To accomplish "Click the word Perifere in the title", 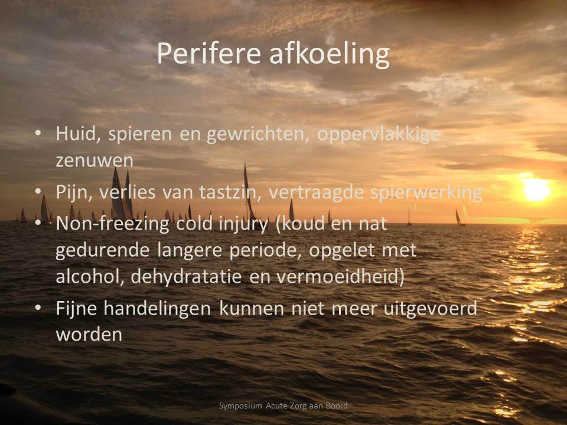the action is [x=208, y=54].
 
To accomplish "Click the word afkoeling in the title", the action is [x=330, y=55].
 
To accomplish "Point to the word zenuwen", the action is [x=94, y=161].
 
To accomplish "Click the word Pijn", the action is [x=74, y=192].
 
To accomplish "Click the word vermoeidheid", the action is [x=338, y=276].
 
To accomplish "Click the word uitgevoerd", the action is [x=431, y=309].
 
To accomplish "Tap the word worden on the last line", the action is [x=89, y=334].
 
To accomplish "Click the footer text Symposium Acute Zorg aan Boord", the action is [x=283, y=406].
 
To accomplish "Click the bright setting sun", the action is [x=537, y=189].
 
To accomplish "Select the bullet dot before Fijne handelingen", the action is [x=38, y=308].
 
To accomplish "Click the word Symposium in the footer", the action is [x=240, y=406].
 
